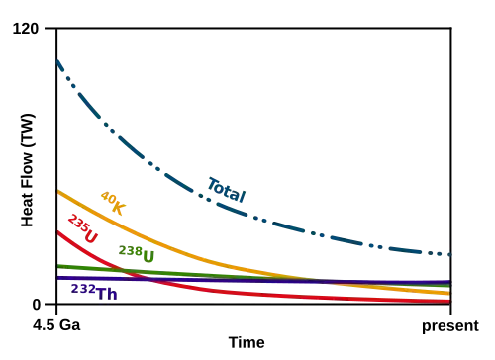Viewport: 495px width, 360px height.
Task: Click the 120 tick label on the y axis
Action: tap(26, 29)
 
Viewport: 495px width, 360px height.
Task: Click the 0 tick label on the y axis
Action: tap(37, 305)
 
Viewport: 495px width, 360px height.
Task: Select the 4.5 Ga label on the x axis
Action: tap(56, 325)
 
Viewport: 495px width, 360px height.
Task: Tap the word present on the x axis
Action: tap(450, 326)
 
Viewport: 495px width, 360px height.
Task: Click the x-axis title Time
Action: tap(247, 343)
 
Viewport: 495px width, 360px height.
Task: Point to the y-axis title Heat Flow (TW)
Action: tap(28, 170)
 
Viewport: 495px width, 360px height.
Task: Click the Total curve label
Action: tap(227, 190)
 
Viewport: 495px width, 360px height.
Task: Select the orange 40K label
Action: tap(113, 203)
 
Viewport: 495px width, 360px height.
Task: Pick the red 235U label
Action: tap(83, 228)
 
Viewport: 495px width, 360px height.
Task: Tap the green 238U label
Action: tap(137, 254)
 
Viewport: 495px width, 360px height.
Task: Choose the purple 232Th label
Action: tap(94, 292)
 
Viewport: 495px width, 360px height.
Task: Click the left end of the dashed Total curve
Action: tap(57, 61)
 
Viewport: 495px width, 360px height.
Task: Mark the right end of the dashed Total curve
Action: tap(450, 254)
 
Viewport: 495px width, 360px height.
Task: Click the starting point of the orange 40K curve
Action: tap(57, 191)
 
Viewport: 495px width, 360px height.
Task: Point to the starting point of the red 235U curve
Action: tap(57, 231)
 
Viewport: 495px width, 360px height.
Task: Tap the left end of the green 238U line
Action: tap(57, 266)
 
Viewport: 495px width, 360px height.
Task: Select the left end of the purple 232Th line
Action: tap(57, 278)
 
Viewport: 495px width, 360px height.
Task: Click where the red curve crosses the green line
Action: tap(123, 271)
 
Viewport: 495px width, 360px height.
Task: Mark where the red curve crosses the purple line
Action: tap(149, 279)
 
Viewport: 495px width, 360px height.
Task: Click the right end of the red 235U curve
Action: tap(450, 302)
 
